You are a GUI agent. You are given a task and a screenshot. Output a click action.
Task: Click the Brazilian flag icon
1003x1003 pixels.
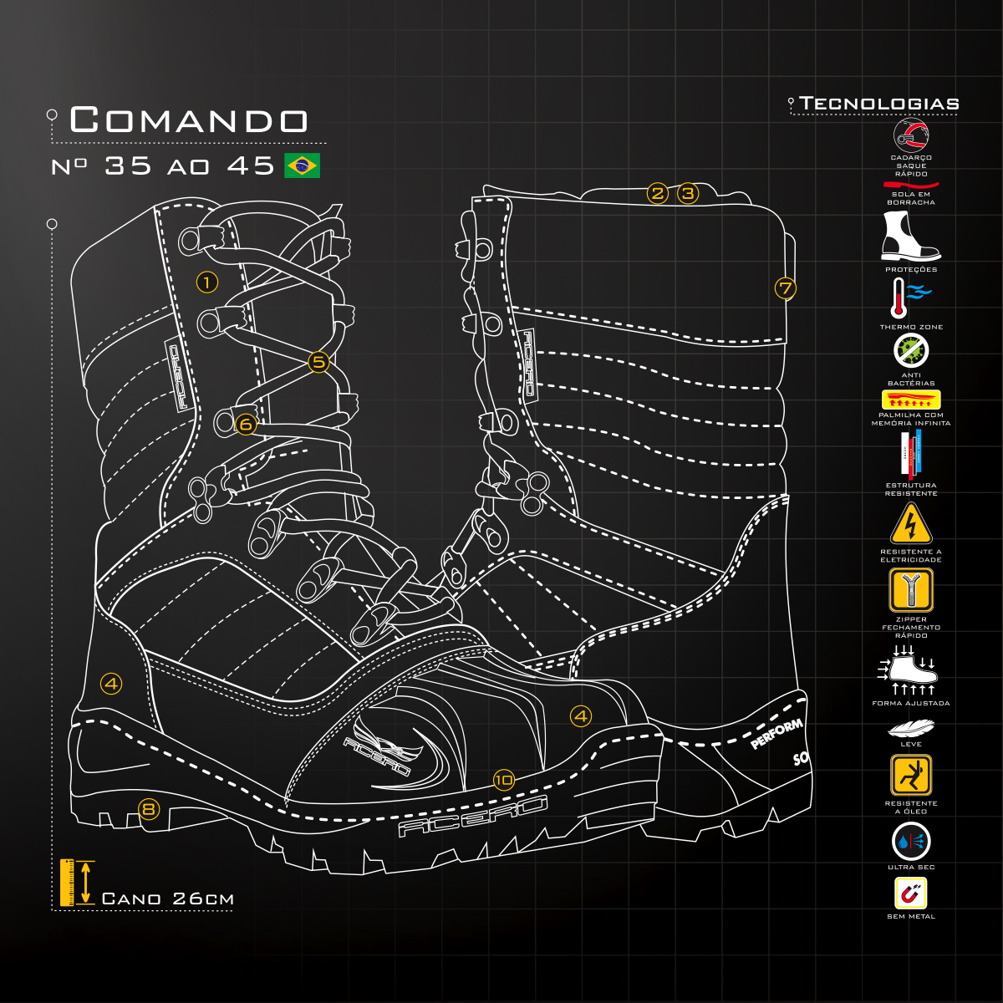[x=302, y=165]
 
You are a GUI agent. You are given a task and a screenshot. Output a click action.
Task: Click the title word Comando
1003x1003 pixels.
[x=189, y=120]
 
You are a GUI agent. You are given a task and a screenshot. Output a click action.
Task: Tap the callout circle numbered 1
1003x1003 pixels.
[x=207, y=282]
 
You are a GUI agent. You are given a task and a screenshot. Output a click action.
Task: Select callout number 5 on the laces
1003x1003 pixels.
[x=318, y=362]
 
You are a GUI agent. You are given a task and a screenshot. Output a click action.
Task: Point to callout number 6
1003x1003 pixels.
[x=245, y=424]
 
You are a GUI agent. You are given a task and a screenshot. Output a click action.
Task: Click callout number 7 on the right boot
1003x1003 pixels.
[x=785, y=288]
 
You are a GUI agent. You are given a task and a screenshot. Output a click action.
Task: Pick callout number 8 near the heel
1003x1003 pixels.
[x=149, y=808]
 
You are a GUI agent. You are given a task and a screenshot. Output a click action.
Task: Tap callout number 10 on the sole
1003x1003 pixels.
[x=503, y=780]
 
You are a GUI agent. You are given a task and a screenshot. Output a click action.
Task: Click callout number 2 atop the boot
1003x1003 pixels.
[x=658, y=194]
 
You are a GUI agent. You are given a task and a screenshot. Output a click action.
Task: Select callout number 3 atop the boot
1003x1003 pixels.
[x=687, y=194]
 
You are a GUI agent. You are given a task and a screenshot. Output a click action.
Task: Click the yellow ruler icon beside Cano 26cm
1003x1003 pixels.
[x=68, y=882]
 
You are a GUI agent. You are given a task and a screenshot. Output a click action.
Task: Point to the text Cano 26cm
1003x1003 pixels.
[x=167, y=899]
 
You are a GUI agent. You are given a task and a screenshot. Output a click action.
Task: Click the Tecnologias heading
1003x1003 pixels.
[x=879, y=104]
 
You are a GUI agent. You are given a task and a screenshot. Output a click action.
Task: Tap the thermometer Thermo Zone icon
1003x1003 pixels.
[x=899, y=298]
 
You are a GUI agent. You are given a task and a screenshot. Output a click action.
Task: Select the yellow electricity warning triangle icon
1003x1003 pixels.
[x=911, y=525]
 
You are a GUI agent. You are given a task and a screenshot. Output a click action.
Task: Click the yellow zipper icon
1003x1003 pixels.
[x=911, y=590]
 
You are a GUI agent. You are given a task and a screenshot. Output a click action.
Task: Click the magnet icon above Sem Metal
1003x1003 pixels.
[x=911, y=894]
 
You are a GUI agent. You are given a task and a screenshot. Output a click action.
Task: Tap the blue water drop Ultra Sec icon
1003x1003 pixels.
[x=911, y=842]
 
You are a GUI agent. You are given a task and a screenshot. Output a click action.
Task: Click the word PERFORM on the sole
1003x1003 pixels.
[x=776, y=734]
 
